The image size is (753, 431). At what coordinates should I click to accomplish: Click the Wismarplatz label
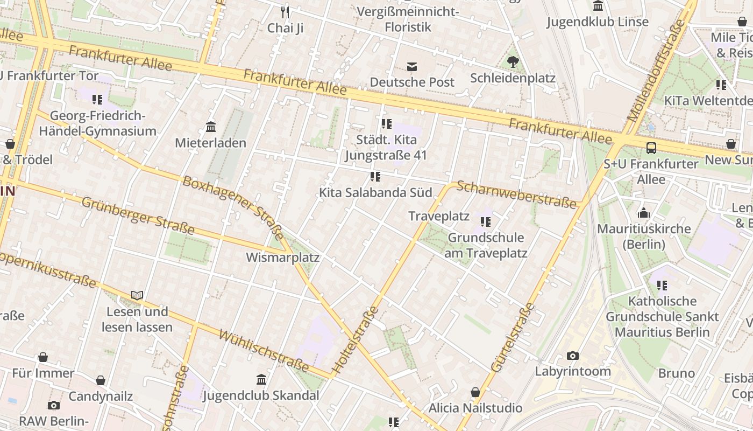coord(282,258)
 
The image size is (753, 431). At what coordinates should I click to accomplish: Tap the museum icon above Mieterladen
coord(211,128)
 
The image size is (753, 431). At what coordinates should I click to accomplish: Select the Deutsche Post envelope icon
coord(412,67)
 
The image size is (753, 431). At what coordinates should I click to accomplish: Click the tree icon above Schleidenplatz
coord(513,62)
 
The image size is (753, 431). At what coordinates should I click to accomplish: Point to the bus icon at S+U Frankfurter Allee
coord(651,148)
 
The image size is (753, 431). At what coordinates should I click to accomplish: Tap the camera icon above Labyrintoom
coord(573,356)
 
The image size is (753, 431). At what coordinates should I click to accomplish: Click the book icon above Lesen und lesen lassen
coord(137,295)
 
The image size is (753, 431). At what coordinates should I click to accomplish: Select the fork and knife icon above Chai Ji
coord(285,12)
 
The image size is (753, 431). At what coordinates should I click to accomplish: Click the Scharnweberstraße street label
coord(516,194)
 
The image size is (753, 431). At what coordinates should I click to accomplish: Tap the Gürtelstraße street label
coord(513,338)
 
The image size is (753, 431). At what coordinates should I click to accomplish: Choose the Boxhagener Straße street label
coord(233,207)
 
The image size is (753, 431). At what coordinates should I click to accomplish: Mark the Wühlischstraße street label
coord(264,351)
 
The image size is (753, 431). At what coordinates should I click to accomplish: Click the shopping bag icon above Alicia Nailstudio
coord(475,392)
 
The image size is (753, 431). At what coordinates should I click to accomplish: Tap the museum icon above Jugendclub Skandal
coord(261,380)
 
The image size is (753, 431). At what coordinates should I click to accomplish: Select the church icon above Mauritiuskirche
coord(643,213)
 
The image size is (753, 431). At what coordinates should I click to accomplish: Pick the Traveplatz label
coord(439,217)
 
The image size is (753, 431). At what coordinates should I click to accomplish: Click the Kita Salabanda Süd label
coord(375,192)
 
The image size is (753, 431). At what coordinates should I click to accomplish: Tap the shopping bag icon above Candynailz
coord(101,381)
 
